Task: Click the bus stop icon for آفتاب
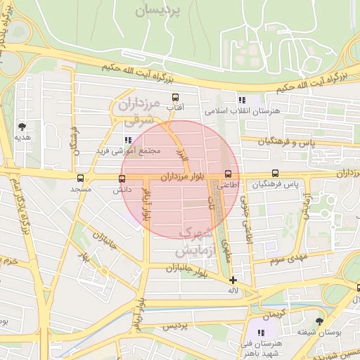click(175, 98)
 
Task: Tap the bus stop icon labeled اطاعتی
click(227, 174)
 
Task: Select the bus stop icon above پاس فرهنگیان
click(275, 174)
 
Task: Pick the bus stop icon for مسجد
click(81, 179)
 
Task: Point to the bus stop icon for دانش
click(122, 179)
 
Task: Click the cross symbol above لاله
click(233, 280)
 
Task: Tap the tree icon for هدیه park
click(22, 127)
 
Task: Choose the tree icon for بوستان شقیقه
click(319, 321)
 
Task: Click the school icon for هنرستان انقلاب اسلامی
click(242, 101)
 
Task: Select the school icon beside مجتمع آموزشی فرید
click(127, 140)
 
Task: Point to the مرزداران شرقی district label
click(134, 113)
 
